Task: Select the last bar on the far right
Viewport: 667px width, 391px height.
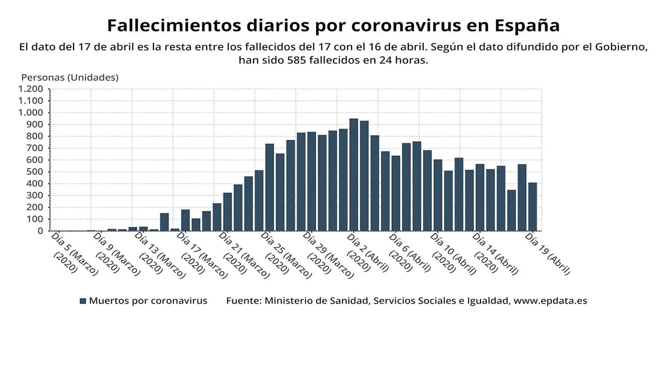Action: [532, 207]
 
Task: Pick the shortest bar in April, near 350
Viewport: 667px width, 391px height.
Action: [511, 211]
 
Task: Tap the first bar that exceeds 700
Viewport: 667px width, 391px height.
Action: [269, 187]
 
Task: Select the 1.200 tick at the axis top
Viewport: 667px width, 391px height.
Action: [30, 89]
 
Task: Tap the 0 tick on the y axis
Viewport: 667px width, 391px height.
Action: [40, 231]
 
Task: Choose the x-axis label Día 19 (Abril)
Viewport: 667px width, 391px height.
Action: [547, 253]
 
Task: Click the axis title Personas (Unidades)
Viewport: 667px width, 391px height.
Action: [70, 77]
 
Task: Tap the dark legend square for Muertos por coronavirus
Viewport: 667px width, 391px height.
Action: [83, 301]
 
